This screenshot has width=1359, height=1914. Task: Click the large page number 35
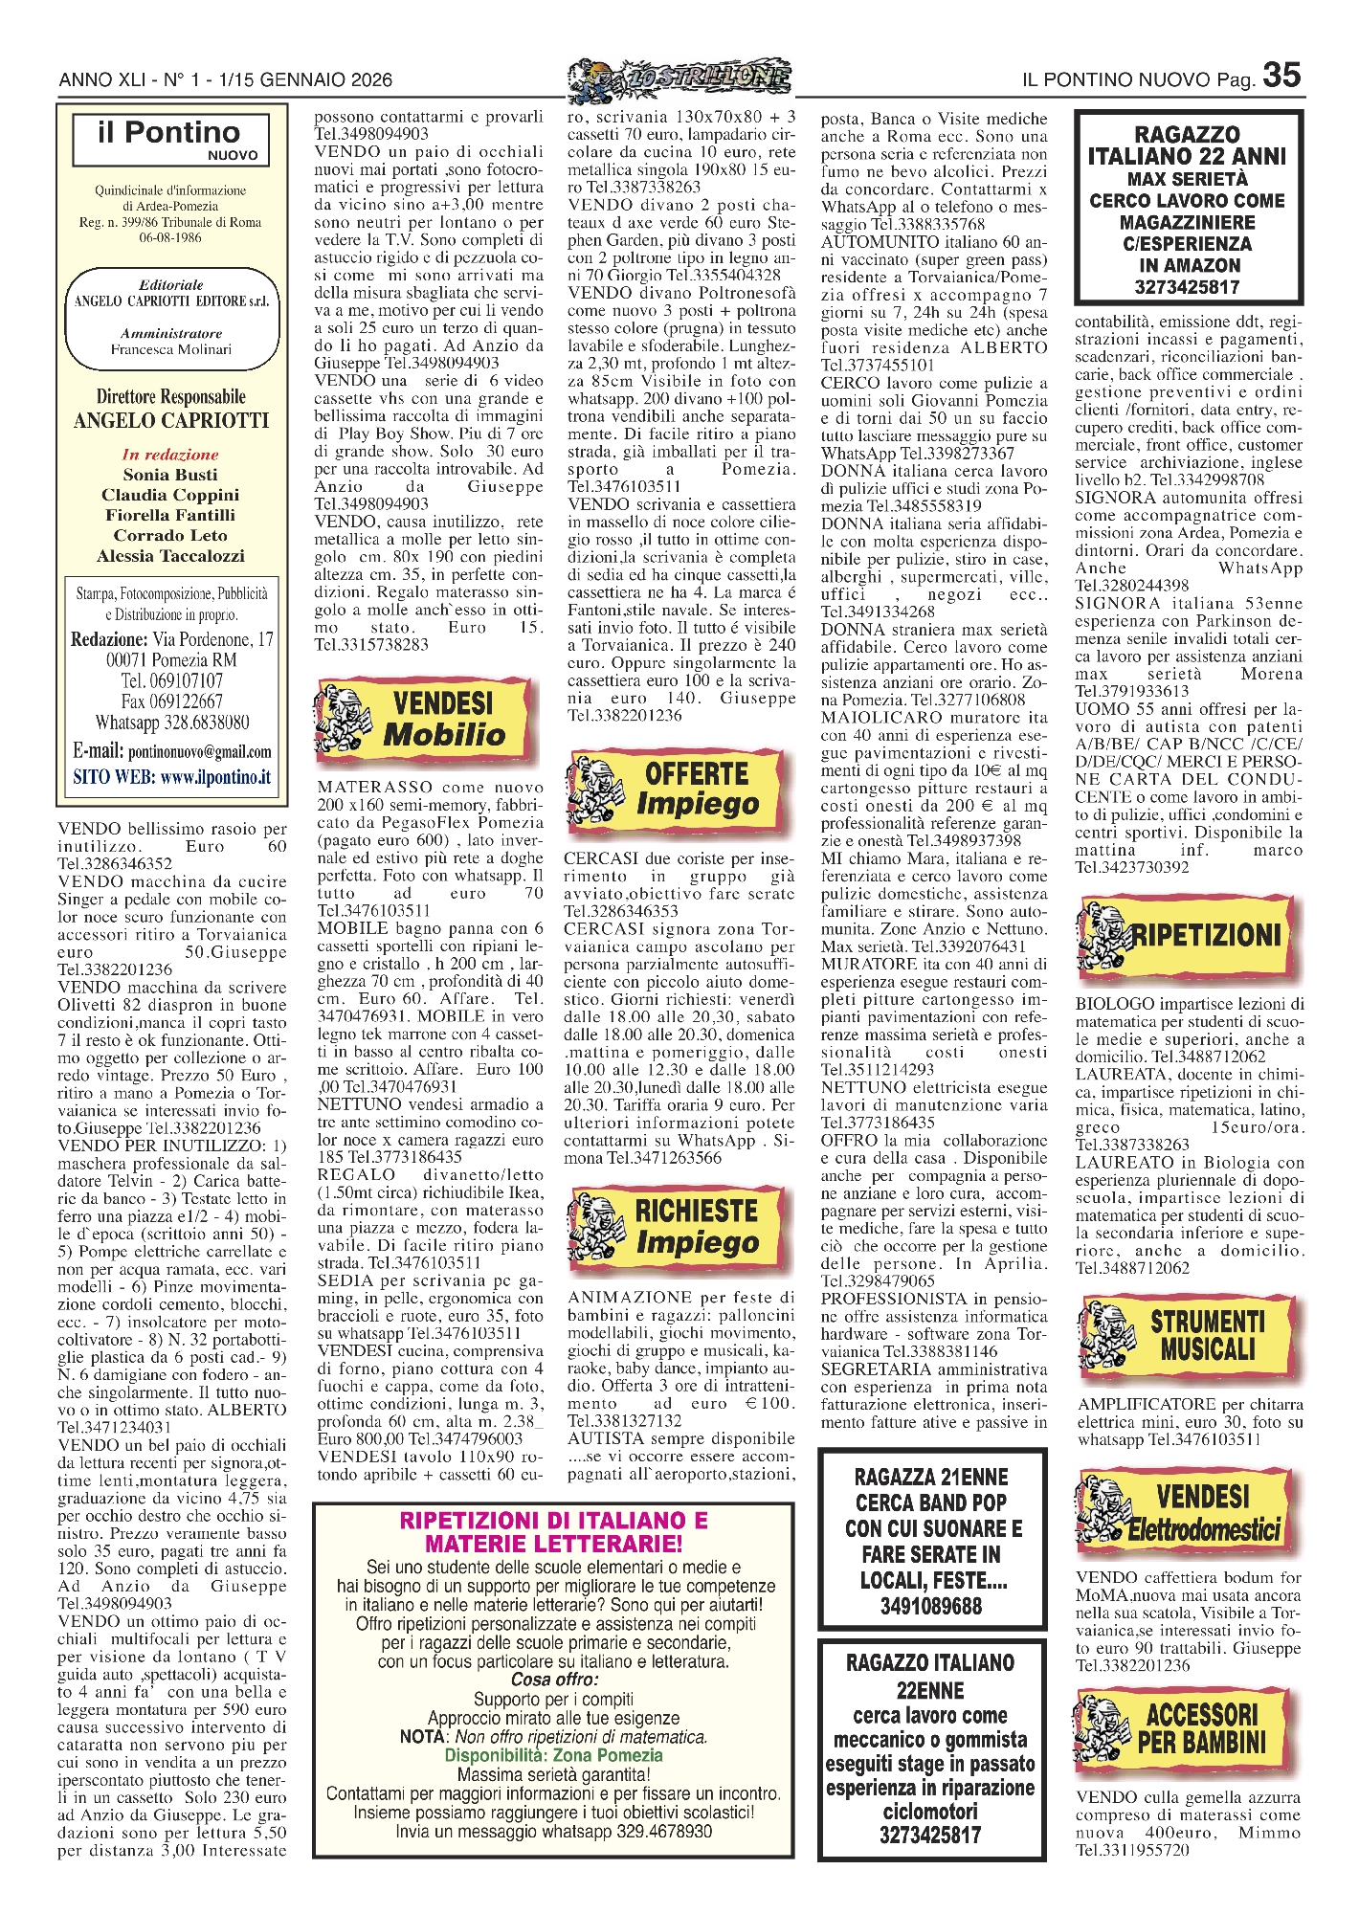click(x=1281, y=76)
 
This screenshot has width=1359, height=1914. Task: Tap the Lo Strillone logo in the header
click(x=679, y=79)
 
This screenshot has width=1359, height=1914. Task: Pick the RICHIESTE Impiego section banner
click(x=679, y=1226)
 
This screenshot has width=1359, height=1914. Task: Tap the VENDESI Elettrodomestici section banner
click(x=1187, y=1513)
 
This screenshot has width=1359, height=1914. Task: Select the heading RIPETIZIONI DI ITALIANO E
click(x=553, y=1521)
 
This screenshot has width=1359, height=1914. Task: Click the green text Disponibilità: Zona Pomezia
click(x=553, y=1755)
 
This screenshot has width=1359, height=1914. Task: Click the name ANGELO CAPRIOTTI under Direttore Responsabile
click(x=171, y=421)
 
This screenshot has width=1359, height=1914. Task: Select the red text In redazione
click(x=170, y=455)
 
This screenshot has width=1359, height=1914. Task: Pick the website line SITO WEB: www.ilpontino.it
click(x=171, y=777)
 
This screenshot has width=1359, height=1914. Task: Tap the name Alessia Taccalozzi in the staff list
click(x=170, y=556)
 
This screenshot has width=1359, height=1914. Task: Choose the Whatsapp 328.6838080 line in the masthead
click(x=171, y=723)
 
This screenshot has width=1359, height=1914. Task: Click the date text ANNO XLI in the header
click(x=100, y=80)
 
